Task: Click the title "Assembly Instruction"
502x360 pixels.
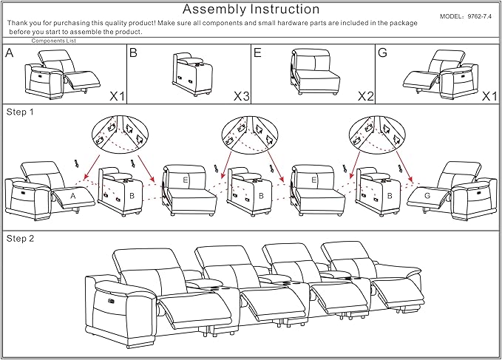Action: (x=251, y=10)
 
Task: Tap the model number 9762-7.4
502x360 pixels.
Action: (x=479, y=16)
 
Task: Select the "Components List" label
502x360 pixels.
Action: (x=54, y=41)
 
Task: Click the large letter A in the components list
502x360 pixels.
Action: (x=10, y=52)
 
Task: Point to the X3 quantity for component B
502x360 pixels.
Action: (x=242, y=96)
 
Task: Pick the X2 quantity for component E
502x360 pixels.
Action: (x=366, y=96)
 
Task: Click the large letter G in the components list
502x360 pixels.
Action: (x=382, y=52)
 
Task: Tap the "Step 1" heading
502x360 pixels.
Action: (x=20, y=112)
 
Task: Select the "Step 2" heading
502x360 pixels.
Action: (x=20, y=239)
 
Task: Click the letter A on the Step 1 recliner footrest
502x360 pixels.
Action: (x=73, y=196)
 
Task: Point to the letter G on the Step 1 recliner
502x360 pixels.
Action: (x=427, y=195)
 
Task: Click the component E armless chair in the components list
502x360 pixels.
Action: (x=315, y=72)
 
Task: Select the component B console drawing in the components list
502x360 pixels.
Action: (x=192, y=74)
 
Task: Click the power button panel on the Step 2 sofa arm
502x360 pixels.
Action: (x=112, y=300)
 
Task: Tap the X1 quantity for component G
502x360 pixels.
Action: (x=490, y=96)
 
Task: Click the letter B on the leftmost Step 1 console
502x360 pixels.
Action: (x=132, y=196)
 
